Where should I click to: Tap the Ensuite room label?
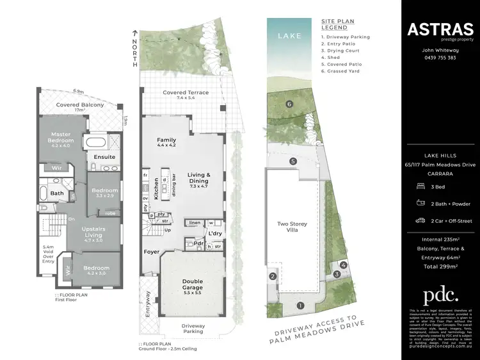click(104, 156)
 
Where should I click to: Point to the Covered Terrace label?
click(186, 93)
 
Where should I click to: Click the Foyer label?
click(152, 252)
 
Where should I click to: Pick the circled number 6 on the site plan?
click(289, 104)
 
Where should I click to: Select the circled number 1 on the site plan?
click(300, 306)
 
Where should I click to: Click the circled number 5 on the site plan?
click(293, 161)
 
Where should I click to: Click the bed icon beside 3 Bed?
click(419, 185)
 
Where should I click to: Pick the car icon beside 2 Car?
click(419, 220)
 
